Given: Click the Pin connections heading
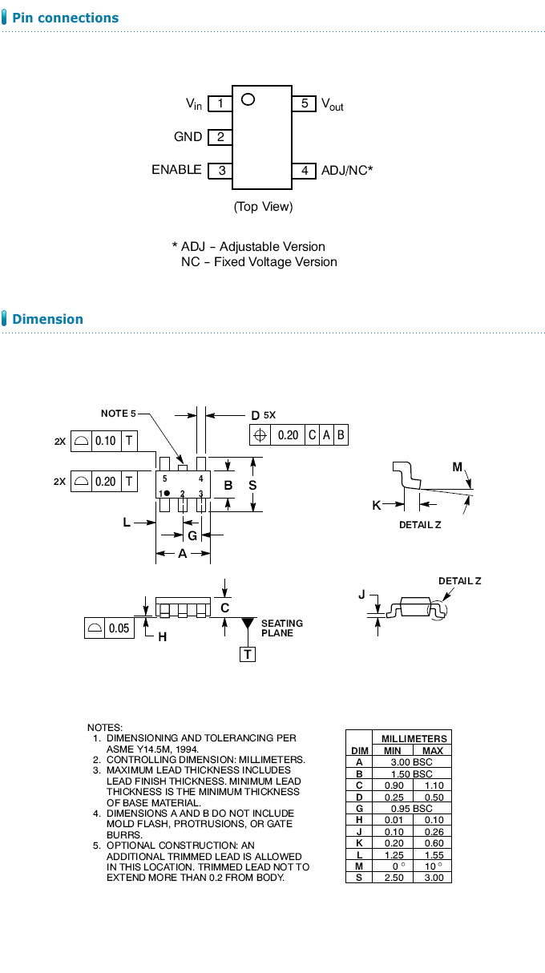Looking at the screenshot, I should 66,18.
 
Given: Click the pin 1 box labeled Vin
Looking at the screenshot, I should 220,103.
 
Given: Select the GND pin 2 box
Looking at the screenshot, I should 220,137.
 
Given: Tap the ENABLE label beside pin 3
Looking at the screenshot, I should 176,170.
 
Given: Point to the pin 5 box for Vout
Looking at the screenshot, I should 305,103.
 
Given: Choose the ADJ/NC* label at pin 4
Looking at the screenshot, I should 347,170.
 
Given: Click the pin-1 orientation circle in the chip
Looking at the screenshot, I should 248,99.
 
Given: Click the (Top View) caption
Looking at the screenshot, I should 263,207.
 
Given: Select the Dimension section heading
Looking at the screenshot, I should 47,319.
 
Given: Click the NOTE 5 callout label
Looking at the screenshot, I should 118,414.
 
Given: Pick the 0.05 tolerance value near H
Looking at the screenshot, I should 119,628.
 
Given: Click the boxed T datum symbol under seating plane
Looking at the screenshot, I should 248,655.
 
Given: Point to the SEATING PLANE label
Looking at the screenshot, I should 282,628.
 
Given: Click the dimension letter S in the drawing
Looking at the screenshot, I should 252,486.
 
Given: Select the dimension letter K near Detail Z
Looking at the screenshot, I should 377,505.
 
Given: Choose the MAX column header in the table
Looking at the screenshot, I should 433,750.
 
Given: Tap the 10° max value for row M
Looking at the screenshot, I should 433,866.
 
